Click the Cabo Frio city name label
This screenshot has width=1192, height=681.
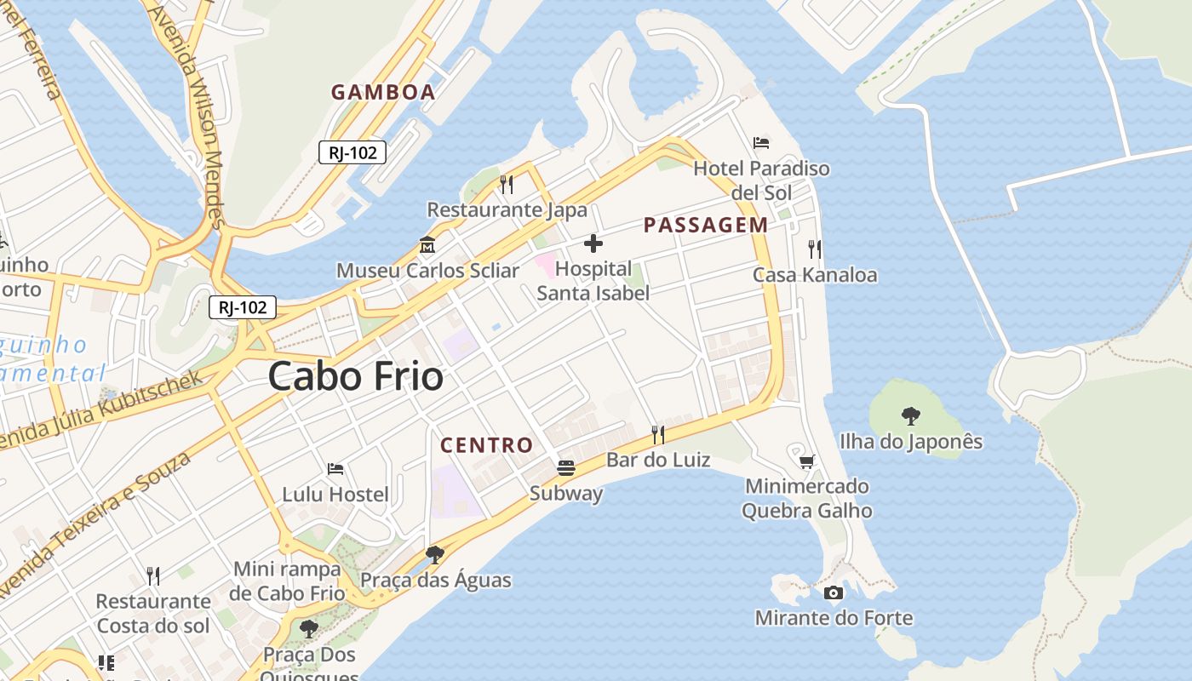pos(356,376)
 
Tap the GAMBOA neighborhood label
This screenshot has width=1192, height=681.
pos(383,93)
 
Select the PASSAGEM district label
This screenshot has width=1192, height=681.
pos(706,226)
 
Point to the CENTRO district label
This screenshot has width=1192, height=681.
pos(486,445)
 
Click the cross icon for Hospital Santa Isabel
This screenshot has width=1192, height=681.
pos(593,244)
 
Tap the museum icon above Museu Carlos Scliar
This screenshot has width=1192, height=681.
pos(427,245)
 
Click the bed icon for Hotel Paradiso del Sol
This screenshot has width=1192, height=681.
pos(761,143)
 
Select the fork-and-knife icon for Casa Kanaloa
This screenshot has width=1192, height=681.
pos(815,249)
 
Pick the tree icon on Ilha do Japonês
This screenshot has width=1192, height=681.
pos(910,416)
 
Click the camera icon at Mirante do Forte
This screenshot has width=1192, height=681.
pos(834,593)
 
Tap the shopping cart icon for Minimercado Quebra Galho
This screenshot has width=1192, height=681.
pos(806,461)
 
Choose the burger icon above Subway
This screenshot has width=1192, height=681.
pos(566,467)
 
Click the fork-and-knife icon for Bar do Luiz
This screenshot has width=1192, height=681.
pos(657,435)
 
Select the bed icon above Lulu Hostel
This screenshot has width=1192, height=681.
pos(335,469)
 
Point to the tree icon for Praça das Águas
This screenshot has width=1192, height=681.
pos(435,555)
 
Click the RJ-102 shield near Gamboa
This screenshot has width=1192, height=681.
pos(352,153)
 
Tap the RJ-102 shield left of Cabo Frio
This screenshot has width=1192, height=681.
pos(243,307)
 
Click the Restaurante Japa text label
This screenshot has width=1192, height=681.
pos(507,209)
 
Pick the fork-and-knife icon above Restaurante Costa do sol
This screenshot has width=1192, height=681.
pos(153,576)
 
